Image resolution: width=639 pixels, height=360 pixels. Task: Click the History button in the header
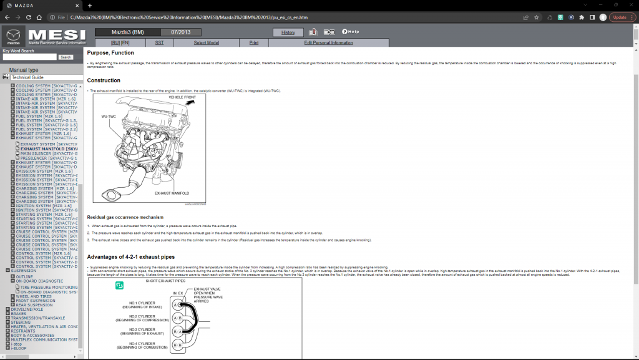tap(288, 32)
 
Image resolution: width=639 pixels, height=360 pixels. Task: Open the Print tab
tap(254, 42)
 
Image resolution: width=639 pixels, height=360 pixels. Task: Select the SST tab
tap(160, 42)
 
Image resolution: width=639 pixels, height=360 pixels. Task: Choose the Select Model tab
tap(206, 42)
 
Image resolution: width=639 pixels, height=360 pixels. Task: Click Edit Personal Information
tap(328, 42)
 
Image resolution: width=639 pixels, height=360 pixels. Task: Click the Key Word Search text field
tap(29, 57)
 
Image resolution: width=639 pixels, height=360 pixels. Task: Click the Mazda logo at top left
tap(14, 37)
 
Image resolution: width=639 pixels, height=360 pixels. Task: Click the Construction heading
tap(104, 80)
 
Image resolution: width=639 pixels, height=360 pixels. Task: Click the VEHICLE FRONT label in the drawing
tap(182, 98)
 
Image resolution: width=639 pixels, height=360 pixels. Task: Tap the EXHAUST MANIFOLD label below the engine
tap(172, 193)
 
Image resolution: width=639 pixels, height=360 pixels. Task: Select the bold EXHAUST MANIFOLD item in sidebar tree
tap(49, 149)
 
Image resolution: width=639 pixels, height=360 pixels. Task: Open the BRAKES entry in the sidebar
tap(19, 314)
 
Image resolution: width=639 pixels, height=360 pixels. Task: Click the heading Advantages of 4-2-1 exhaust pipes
tap(130, 257)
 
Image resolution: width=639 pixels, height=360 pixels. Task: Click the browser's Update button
tap(622, 17)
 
